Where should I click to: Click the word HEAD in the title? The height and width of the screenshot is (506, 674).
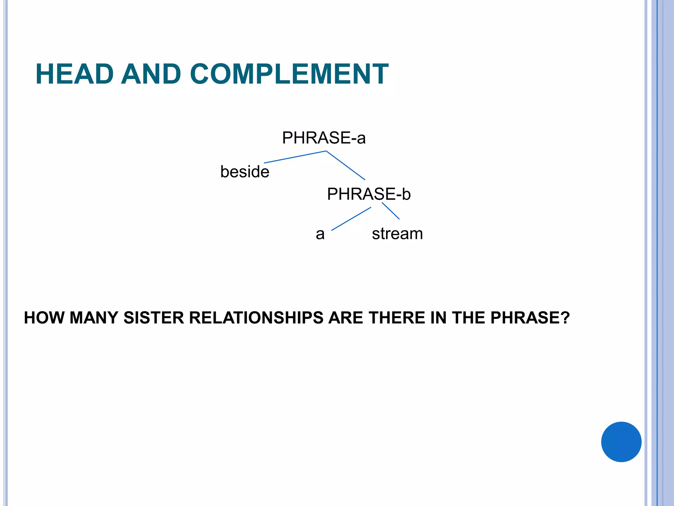(x=75, y=74)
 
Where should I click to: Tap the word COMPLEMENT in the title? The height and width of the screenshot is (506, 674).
(x=289, y=74)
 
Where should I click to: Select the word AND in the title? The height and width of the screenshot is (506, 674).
(x=151, y=74)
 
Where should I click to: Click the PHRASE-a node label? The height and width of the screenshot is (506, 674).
(x=324, y=138)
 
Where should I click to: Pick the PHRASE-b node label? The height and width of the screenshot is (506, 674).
(x=369, y=194)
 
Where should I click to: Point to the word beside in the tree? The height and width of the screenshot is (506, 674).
(x=245, y=172)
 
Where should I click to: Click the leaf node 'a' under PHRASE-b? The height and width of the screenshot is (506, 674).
(x=320, y=234)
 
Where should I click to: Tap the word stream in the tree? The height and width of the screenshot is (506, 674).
(x=397, y=234)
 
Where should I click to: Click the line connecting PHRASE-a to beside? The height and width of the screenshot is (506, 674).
(x=295, y=157)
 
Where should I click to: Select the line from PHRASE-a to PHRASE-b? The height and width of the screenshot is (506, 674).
(x=346, y=165)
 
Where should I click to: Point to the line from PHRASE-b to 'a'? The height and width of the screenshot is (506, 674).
(x=351, y=219)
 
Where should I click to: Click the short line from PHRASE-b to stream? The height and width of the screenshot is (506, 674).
(x=391, y=211)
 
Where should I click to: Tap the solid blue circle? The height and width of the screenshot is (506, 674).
(x=621, y=442)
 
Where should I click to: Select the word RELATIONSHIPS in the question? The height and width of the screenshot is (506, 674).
(x=256, y=318)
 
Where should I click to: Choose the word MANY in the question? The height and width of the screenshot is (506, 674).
(x=94, y=318)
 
